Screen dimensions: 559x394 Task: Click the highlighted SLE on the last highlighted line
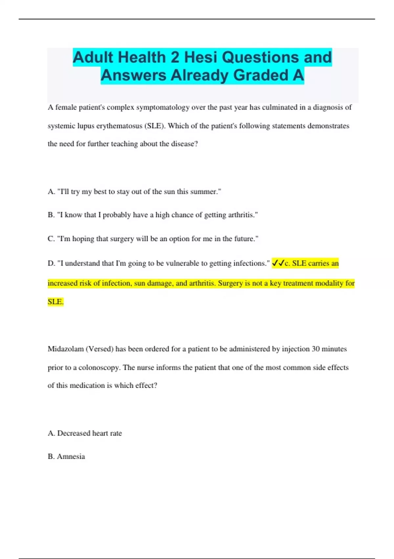[x=55, y=302]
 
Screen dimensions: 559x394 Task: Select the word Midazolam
[x=66, y=349]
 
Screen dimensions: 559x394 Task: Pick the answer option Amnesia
[x=71, y=456]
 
